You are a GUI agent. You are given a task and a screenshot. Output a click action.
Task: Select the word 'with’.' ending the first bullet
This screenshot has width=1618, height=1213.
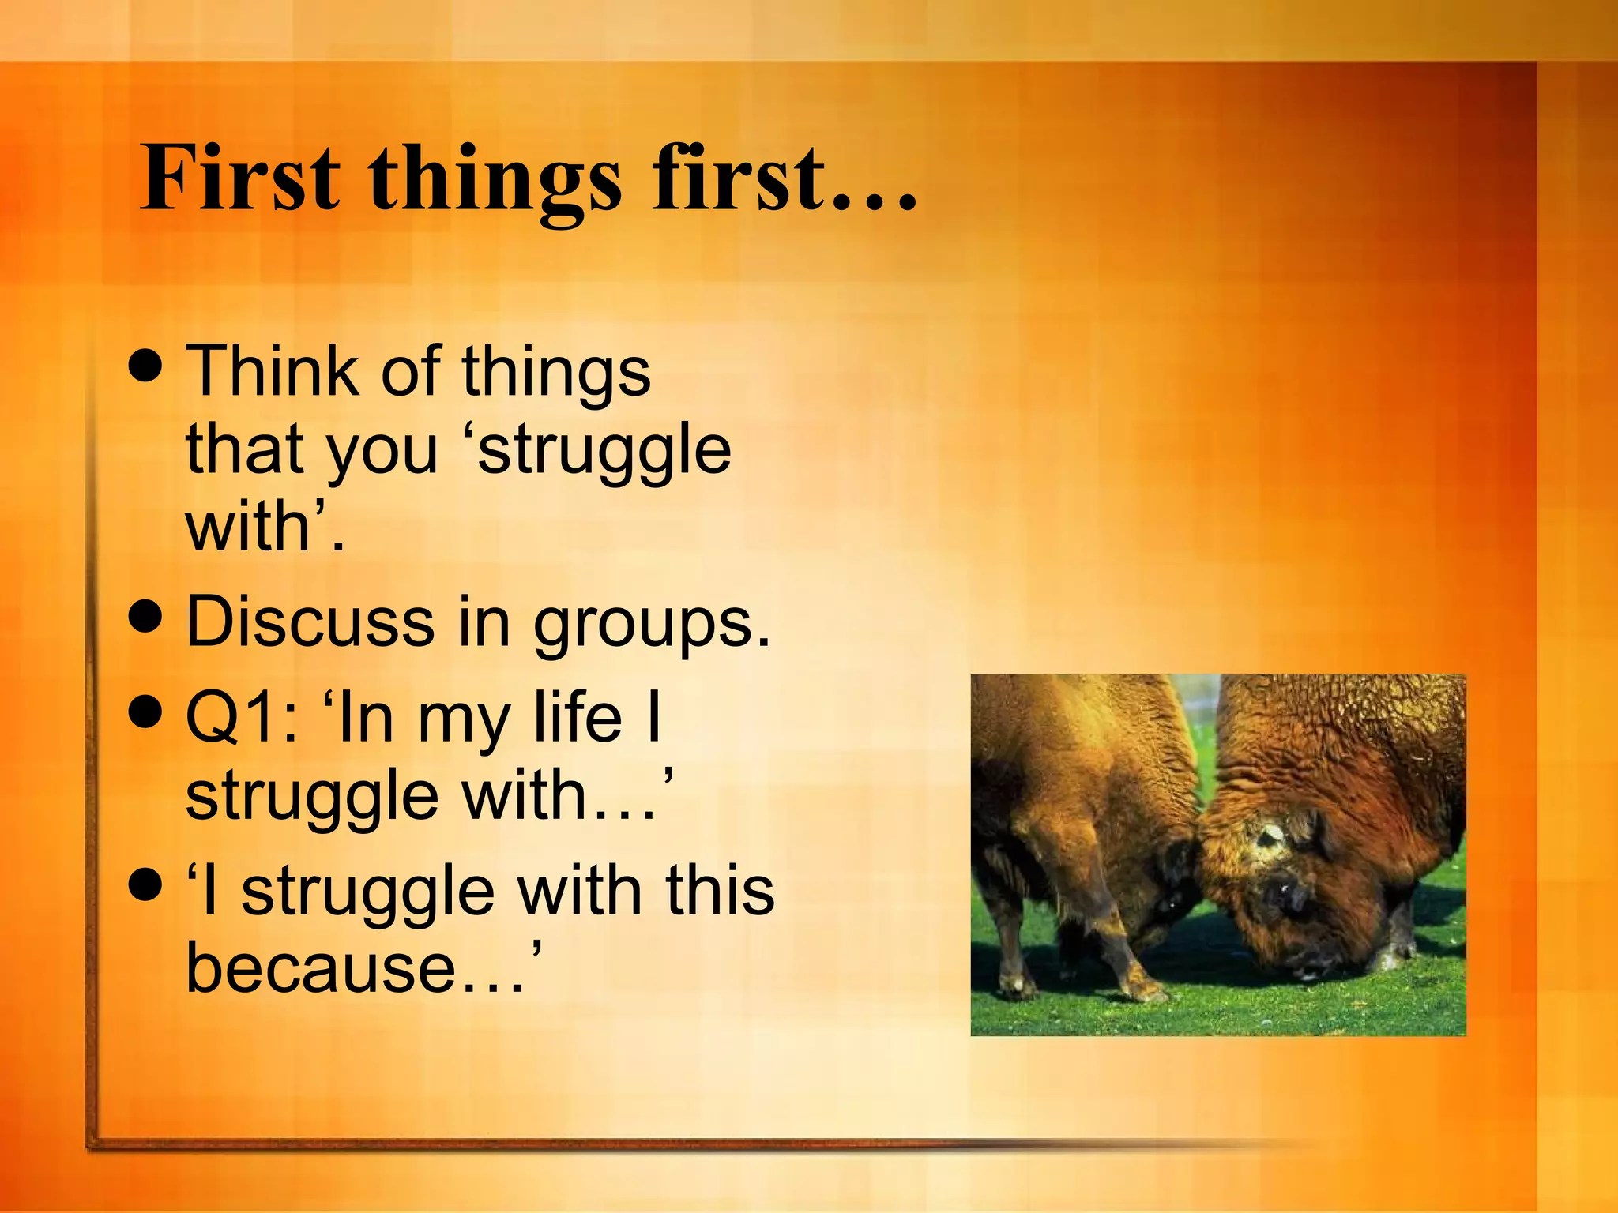[264, 527]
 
